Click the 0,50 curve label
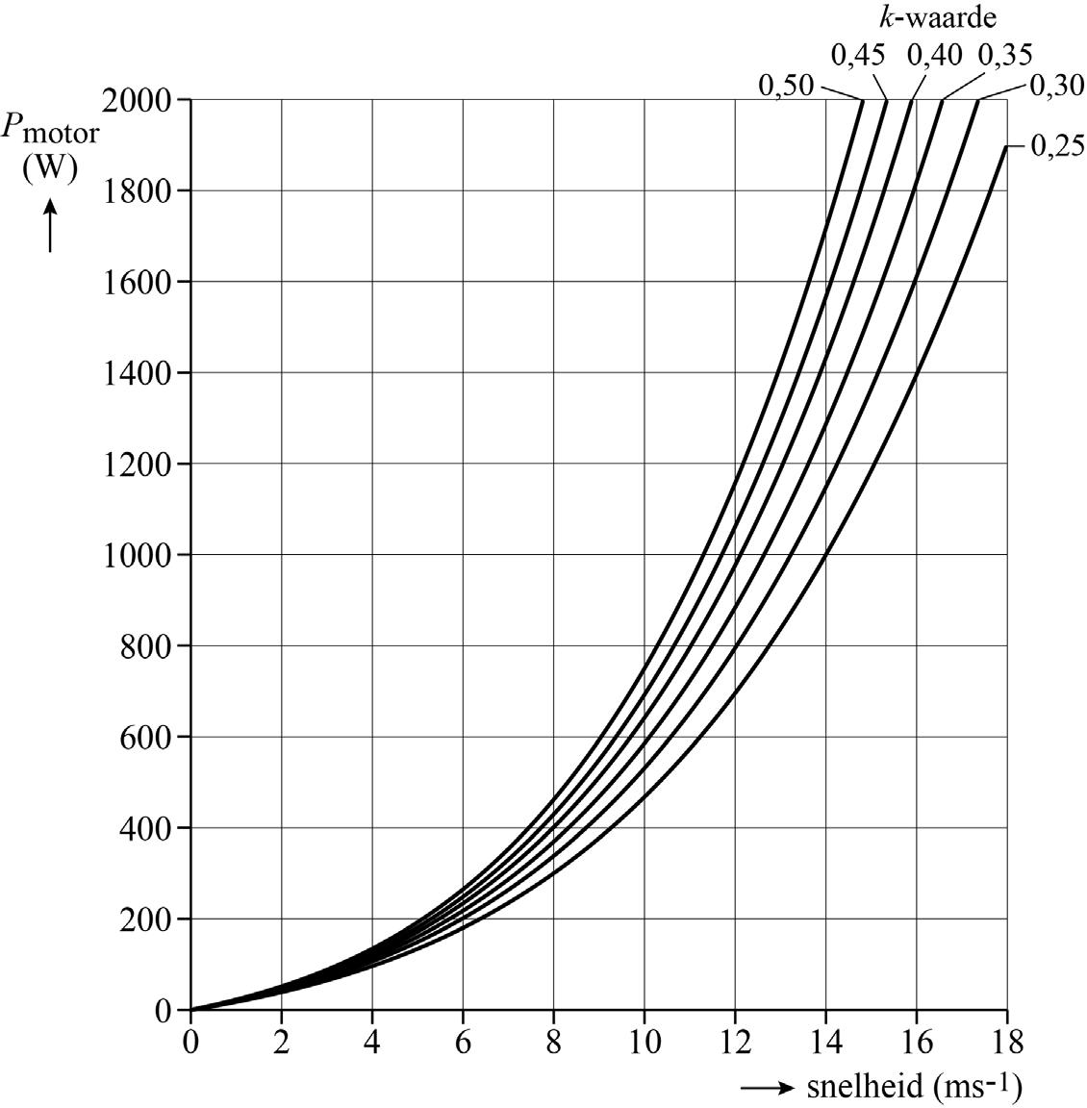pos(785,86)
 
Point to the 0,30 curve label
pos(1057,86)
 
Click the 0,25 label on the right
pos(1057,146)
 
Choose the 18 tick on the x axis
pos(1006,1042)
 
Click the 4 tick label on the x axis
pos(372,1042)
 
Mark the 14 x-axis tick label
pos(825,1042)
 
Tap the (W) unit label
pos(49,166)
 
